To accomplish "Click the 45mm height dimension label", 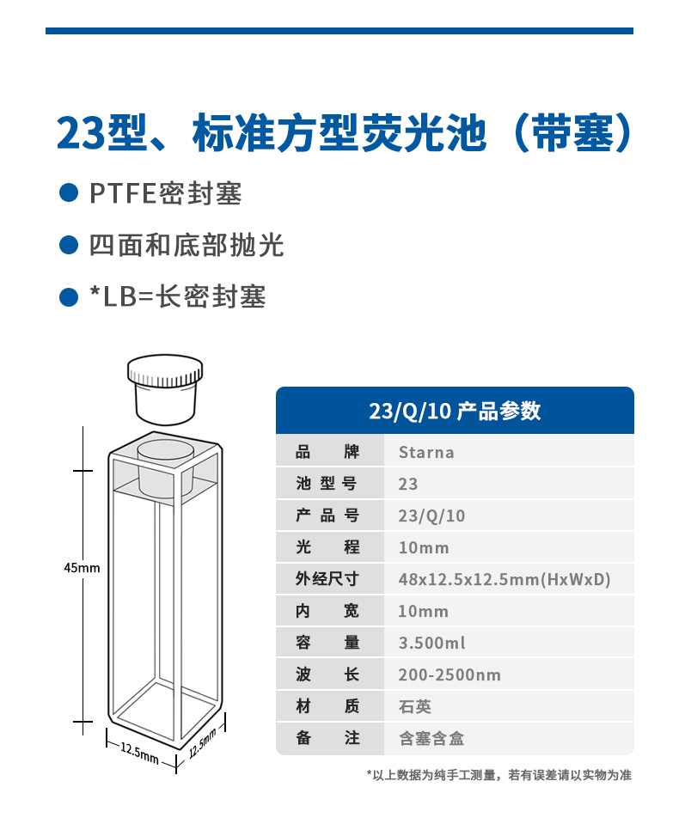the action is coord(82,568).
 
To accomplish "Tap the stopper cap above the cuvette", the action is coord(165,390).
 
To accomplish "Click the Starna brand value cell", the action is coord(426,452).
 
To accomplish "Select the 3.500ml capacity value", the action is coord(432,643).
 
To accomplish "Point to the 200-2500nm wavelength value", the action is coord(450,674).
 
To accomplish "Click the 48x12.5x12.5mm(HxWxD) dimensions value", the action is coord(505,579).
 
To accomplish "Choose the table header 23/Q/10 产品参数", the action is coord(455,411).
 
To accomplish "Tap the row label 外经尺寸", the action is coord(327,579).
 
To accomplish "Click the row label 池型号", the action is coord(327,484).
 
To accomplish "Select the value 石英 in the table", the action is coord(415,706).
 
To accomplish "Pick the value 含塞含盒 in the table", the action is coord(431,738).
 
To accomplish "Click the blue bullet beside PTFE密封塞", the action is coord(69,193).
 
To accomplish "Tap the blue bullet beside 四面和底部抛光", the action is coord(69,245).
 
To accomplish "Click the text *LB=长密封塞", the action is coord(178,296).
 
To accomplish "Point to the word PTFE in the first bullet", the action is coord(123,193).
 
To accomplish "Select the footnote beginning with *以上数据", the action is coord(499,775).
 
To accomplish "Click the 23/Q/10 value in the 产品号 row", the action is coord(431,516).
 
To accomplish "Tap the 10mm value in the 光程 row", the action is coord(424,547).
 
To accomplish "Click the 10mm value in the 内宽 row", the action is coord(424,611).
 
